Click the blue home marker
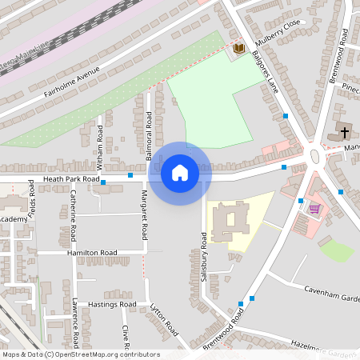[x=180, y=172]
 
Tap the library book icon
[x=238, y=50]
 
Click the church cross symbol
[x=344, y=131]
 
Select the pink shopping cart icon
[x=315, y=209]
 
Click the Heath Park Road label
[x=72, y=179]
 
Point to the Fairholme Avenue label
[x=72, y=82]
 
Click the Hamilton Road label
[x=92, y=252]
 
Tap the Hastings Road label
[x=111, y=304]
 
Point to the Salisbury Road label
[x=204, y=254]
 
